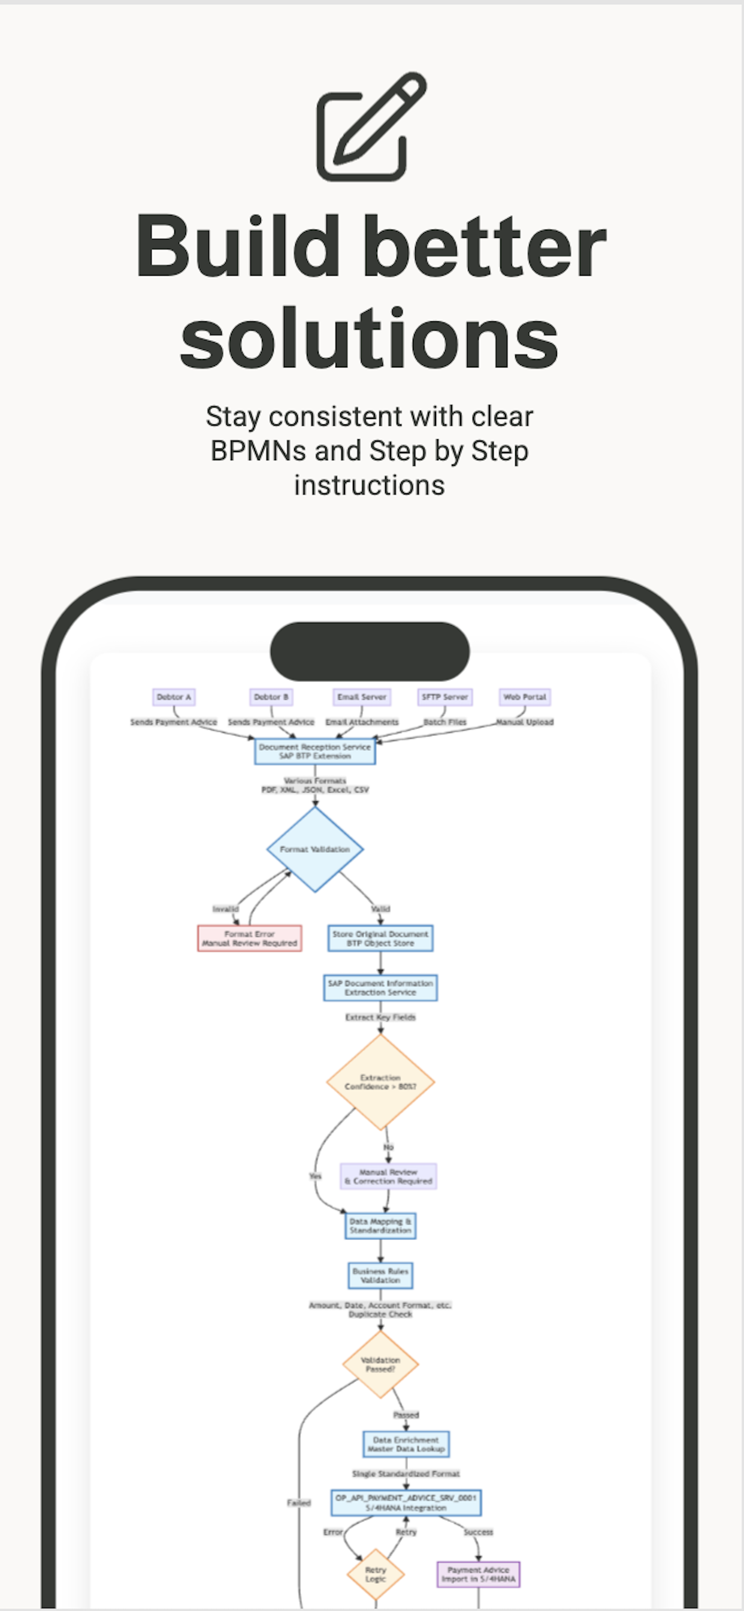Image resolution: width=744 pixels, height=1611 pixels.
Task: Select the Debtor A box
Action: [x=174, y=696]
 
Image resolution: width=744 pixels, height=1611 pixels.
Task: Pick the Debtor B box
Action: [x=271, y=696]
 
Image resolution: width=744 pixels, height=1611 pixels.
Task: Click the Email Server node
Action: [x=362, y=696]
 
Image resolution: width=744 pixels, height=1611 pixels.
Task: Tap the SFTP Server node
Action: [x=444, y=696]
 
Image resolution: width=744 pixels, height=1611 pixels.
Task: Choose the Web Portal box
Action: [x=525, y=696]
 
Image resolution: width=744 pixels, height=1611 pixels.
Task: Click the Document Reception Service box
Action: [x=314, y=751]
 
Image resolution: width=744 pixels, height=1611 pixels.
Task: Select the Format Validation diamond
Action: [x=314, y=849]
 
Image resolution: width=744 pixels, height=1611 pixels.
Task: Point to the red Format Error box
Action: [x=249, y=938]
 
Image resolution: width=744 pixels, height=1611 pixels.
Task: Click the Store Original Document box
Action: [x=380, y=938]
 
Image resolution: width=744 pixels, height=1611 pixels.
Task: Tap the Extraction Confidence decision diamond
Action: [x=380, y=1082]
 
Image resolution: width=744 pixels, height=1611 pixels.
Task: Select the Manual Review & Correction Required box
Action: [x=388, y=1176]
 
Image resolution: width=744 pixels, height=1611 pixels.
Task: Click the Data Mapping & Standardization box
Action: [x=380, y=1226]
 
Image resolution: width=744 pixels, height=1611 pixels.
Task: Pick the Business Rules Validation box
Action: [x=380, y=1275]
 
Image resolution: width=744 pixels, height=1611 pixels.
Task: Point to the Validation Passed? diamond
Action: [x=380, y=1364]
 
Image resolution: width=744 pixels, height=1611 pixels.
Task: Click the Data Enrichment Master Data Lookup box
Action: [x=406, y=1444]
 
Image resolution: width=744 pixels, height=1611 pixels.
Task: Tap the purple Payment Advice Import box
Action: [x=478, y=1574]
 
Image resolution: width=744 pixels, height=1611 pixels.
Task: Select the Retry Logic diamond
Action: [x=376, y=1574]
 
